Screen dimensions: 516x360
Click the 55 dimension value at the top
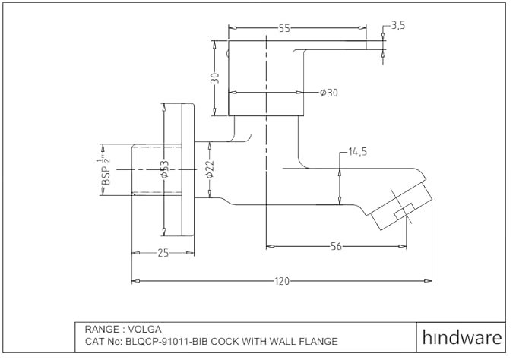tap(285, 28)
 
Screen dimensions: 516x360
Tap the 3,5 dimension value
tap(398, 25)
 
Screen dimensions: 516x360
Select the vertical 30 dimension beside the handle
tap(215, 78)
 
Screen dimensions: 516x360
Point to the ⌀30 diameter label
tap(329, 93)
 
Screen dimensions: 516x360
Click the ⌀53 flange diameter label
tap(165, 169)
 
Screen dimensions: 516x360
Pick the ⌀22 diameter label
tap(210, 169)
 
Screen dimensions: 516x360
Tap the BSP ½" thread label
tap(106, 172)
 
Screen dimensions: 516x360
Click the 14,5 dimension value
tap(358, 152)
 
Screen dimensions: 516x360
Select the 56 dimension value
tap(336, 246)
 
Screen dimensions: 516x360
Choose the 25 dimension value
tap(163, 253)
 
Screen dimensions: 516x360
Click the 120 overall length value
tap(282, 282)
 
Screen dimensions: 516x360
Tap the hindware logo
tap(462, 337)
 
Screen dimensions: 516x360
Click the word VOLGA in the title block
tap(144, 329)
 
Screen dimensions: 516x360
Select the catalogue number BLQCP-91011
tap(157, 341)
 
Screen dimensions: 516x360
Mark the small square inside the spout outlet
tap(404, 211)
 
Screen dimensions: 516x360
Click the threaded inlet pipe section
tap(157, 170)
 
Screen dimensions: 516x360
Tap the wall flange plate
tap(188, 169)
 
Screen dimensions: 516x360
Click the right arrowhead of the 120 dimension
tap(428, 281)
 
